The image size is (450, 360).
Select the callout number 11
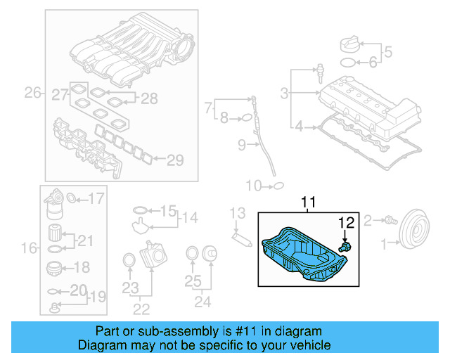coord(310,202)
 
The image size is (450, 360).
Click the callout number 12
coord(345,224)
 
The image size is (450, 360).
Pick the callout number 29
coord(174,160)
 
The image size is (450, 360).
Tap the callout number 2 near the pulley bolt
coord(368,222)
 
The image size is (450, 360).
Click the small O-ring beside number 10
coord(278,186)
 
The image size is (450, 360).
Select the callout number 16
coord(29,247)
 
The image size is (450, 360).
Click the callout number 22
coord(141,307)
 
